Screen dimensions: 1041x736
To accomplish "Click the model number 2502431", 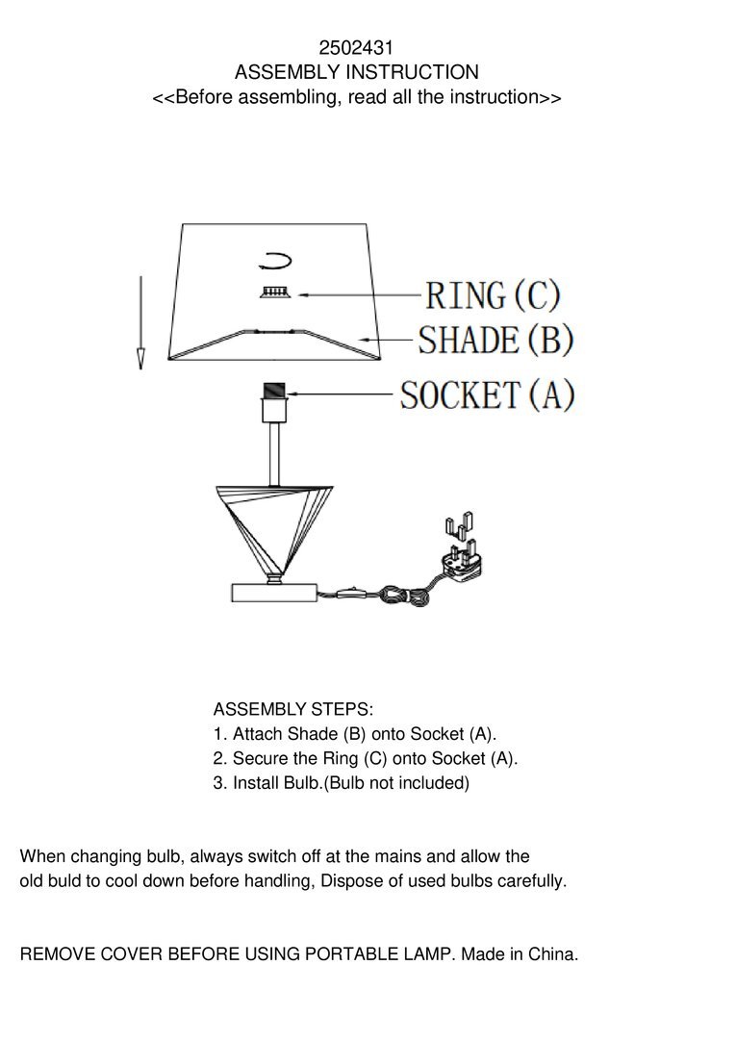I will pyautogui.click(x=356, y=47).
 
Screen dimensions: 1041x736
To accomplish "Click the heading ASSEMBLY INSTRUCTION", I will pyautogui.click(x=356, y=72).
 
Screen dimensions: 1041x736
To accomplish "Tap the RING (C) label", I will pyautogui.click(x=492, y=294).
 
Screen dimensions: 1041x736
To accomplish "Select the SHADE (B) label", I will pyautogui.click(x=496, y=340).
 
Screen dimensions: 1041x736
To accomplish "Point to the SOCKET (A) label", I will pyautogui.click(x=487, y=394).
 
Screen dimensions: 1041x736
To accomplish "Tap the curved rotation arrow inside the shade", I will pyautogui.click(x=274, y=259).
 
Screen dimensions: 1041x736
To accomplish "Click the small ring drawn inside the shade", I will pyautogui.click(x=274, y=292).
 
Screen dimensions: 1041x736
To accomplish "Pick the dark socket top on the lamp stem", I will pyautogui.click(x=274, y=393).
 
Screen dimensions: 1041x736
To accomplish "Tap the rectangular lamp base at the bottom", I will pyautogui.click(x=274, y=592).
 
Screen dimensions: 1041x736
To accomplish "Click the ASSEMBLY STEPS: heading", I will pyautogui.click(x=292, y=710).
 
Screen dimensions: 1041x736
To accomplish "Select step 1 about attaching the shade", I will pyautogui.click(x=355, y=734).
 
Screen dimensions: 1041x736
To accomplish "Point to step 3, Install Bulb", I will pyautogui.click(x=341, y=783).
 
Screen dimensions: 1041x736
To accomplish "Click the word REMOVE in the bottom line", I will pyautogui.click(x=57, y=955).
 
